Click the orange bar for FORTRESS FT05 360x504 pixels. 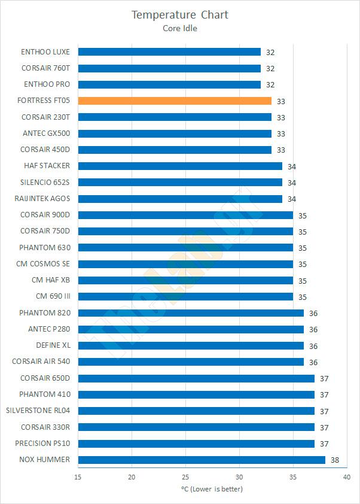pyautogui.click(x=175, y=101)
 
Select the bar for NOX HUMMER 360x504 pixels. pyautogui.click(x=202, y=460)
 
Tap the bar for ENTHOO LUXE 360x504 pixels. pyautogui.click(x=169, y=51)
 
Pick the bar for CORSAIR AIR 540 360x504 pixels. pyautogui.click(x=191, y=362)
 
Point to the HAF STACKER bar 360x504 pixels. pyautogui.click(x=180, y=166)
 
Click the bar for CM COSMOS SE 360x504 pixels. pyautogui.click(x=185, y=264)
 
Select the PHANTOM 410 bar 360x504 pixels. pyautogui.click(x=196, y=394)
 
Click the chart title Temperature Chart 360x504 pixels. pyautogui.click(x=180, y=14)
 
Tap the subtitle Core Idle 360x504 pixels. pyautogui.click(x=180, y=28)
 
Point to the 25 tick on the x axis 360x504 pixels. pyautogui.click(x=185, y=477)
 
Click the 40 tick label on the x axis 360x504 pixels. pyautogui.click(x=347, y=477)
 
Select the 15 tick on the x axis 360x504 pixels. pyautogui.click(x=78, y=477)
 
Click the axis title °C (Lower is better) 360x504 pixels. pyautogui.click(x=212, y=489)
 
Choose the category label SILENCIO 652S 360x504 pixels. pyautogui.click(x=45, y=182)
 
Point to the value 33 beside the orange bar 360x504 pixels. pyautogui.click(x=281, y=101)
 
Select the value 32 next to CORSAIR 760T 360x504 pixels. pyautogui.click(x=270, y=69)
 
